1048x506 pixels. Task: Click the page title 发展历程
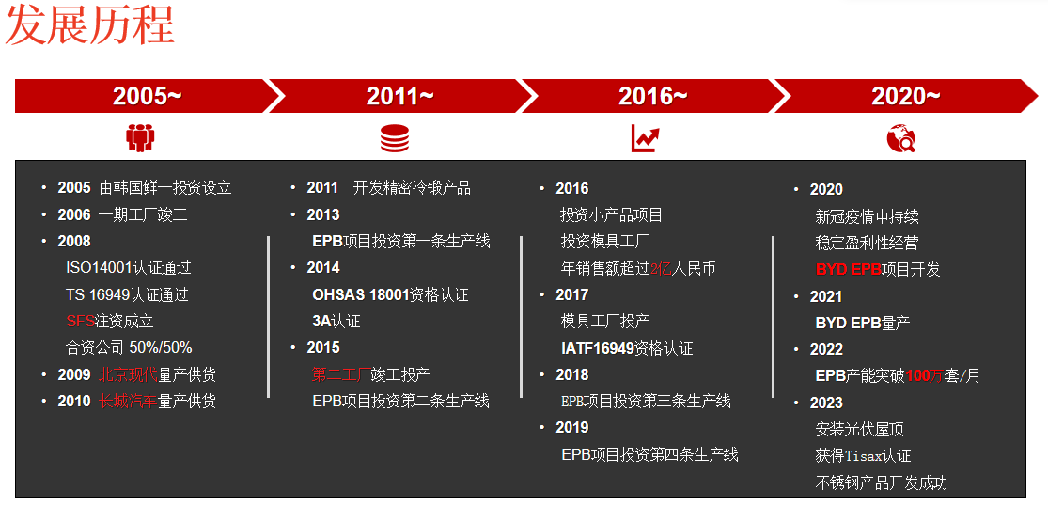[x=89, y=24]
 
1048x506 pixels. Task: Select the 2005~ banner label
[x=147, y=96]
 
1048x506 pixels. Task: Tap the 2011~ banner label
[x=399, y=96]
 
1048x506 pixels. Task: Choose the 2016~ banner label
[x=652, y=96]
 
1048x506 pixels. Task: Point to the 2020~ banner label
[x=906, y=96]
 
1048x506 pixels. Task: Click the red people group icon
[x=140, y=138]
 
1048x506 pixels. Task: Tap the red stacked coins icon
[x=395, y=138]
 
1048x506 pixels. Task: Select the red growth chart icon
[x=646, y=138]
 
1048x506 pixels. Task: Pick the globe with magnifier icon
[x=901, y=138]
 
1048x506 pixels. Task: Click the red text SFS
[x=80, y=321]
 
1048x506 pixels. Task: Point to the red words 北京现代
[x=128, y=374]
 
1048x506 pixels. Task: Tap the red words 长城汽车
[x=128, y=401]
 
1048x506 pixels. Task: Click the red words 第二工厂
[x=341, y=374]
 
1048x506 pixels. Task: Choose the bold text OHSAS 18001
[x=360, y=294]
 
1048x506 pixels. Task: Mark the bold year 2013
[x=322, y=214]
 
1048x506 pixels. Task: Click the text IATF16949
[x=598, y=348]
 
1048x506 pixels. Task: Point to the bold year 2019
[x=572, y=427]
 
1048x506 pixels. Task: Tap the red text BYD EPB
[x=848, y=269]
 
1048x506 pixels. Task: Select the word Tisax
[x=864, y=456]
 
